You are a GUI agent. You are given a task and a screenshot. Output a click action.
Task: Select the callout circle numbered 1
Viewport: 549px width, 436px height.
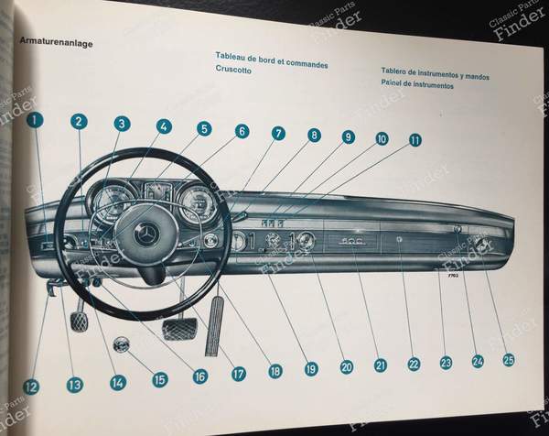point(35,119)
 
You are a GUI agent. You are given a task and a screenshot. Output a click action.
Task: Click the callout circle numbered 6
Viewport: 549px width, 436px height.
point(242,131)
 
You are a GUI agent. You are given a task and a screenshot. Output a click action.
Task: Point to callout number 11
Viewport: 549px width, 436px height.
point(414,140)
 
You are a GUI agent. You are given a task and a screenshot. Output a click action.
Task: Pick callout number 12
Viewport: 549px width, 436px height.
point(31,387)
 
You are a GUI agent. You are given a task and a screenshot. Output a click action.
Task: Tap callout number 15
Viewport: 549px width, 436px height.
point(160,378)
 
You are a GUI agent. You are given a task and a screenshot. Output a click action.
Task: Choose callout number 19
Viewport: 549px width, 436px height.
point(310,368)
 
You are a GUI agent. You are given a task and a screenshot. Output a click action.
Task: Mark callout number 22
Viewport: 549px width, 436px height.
point(414,364)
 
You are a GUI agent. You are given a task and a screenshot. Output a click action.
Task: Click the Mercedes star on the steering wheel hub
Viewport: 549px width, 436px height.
point(146,235)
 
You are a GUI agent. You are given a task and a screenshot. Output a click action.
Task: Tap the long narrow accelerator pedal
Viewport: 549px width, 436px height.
point(213,324)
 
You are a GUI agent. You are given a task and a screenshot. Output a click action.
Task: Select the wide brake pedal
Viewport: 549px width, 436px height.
point(179,328)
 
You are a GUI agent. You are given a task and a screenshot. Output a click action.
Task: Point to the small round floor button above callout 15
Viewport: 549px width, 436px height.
point(121,346)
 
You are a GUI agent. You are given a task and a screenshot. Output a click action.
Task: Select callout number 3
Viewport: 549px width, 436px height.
point(122,124)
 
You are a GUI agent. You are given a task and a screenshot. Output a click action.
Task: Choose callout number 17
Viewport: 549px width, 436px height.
point(238,374)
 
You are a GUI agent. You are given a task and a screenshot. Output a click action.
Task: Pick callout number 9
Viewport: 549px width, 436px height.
point(348,136)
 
